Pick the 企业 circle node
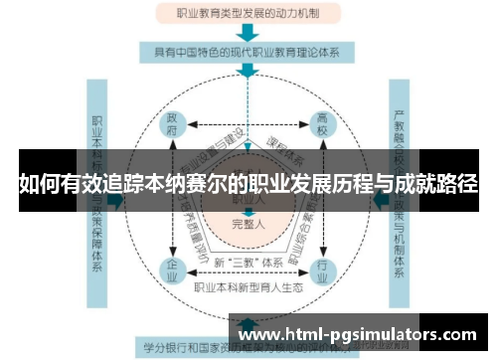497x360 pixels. coord(172,270)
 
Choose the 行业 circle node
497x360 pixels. coord(322,270)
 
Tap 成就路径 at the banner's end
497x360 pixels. coord(437,184)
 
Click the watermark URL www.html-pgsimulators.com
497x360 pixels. coord(361,335)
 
